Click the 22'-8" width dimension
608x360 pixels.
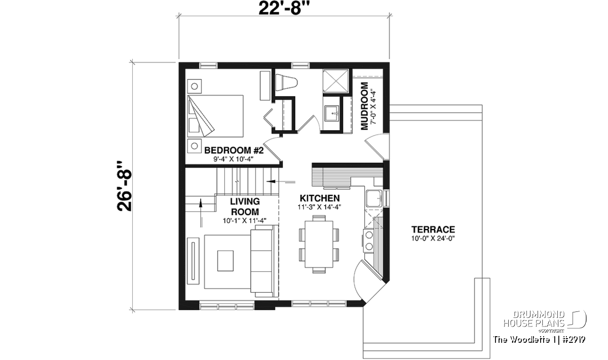coord(284,9)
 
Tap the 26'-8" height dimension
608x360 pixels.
coord(124,186)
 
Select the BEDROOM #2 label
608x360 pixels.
coord(234,150)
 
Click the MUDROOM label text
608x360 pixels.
coord(364,106)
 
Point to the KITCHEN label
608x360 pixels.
coord(320,198)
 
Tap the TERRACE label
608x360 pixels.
coord(433,229)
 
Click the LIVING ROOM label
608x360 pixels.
coord(245,207)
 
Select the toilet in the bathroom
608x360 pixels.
coord(286,82)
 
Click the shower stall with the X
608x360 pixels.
coord(335,81)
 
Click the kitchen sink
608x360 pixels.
coord(374,198)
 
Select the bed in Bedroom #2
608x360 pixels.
coord(215,116)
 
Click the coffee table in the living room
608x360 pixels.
coord(225,261)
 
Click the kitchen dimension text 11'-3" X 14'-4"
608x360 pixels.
coord(319,207)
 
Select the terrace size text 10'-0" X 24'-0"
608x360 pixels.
coord(433,238)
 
